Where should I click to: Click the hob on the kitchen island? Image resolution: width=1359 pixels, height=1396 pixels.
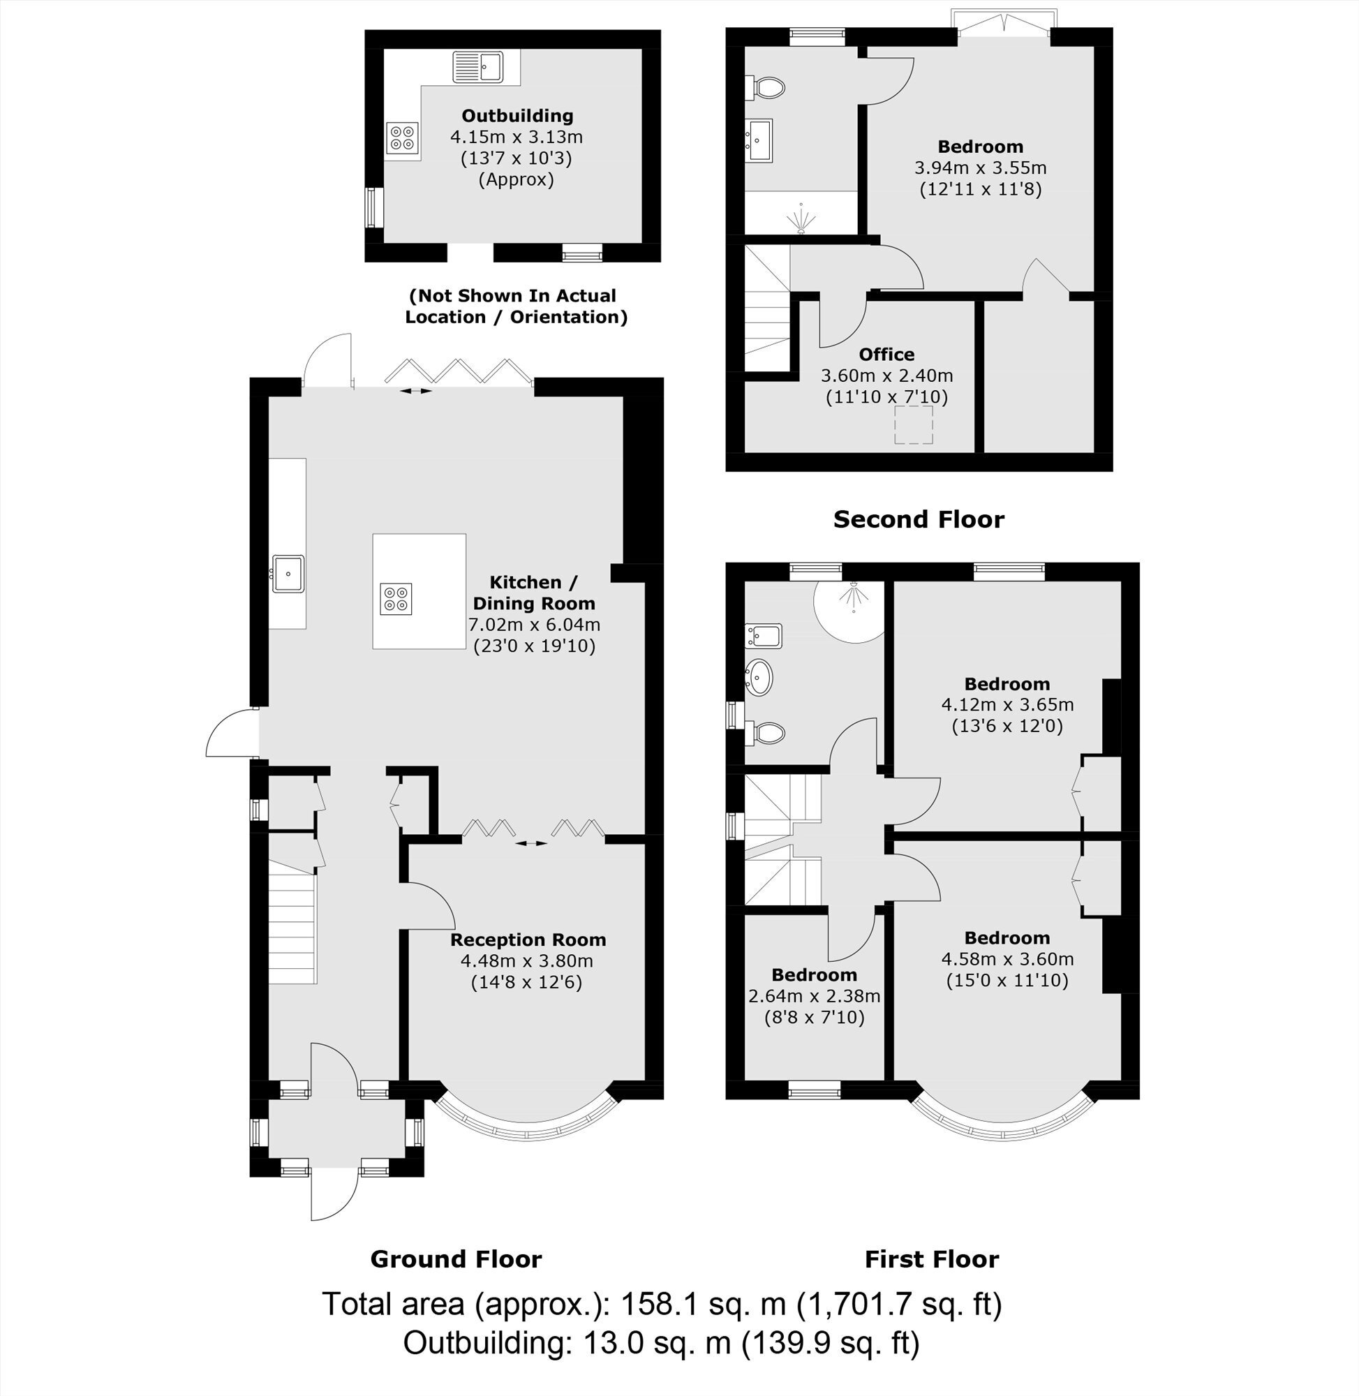pos(396,598)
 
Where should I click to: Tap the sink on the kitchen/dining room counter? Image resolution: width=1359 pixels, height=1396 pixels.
pos(288,573)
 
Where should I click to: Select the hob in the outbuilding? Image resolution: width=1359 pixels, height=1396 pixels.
pos(403,138)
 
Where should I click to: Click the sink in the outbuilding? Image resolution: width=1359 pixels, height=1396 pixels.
pos(477,67)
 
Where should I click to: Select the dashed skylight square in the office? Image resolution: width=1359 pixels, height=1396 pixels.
pos(914,424)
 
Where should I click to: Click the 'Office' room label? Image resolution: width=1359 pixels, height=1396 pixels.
pos(886,355)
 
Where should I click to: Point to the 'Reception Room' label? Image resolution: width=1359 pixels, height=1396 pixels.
pos(528,940)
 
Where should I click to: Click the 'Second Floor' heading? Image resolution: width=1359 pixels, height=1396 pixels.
pos(919,519)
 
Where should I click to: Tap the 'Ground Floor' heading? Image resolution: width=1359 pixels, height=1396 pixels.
pos(456,1259)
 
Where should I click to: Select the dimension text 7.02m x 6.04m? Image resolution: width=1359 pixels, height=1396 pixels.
pos(534,625)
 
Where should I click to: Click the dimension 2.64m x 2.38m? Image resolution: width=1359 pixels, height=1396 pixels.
pos(815,995)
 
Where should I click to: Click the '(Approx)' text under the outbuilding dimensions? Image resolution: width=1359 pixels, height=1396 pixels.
pos(516,179)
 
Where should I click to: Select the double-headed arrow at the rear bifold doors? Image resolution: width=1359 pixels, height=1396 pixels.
pos(415,391)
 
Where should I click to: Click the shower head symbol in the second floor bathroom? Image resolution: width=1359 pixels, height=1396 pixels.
pos(801,218)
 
